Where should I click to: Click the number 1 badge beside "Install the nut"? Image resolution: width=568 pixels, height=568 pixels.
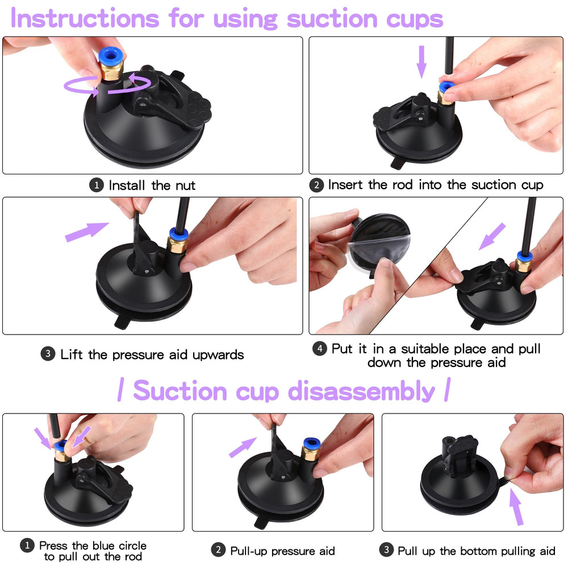(x=97, y=185)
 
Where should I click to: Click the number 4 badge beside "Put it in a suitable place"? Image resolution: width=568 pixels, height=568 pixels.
(x=320, y=348)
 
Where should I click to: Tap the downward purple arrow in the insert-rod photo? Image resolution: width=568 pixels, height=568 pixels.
(x=421, y=61)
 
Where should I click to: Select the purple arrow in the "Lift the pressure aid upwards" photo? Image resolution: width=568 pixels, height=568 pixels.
(x=86, y=231)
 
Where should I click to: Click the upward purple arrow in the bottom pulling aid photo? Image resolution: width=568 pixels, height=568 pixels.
(x=516, y=507)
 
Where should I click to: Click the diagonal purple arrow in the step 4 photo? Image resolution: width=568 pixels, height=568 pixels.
(x=492, y=236)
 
